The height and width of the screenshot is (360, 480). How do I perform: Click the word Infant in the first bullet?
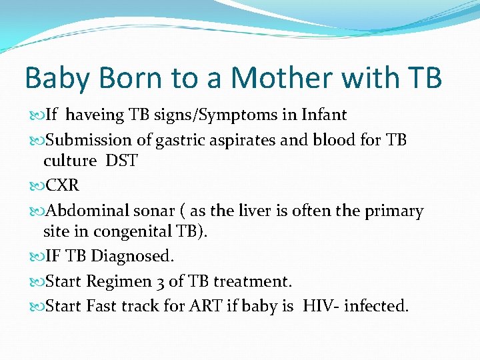(x=323, y=115)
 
